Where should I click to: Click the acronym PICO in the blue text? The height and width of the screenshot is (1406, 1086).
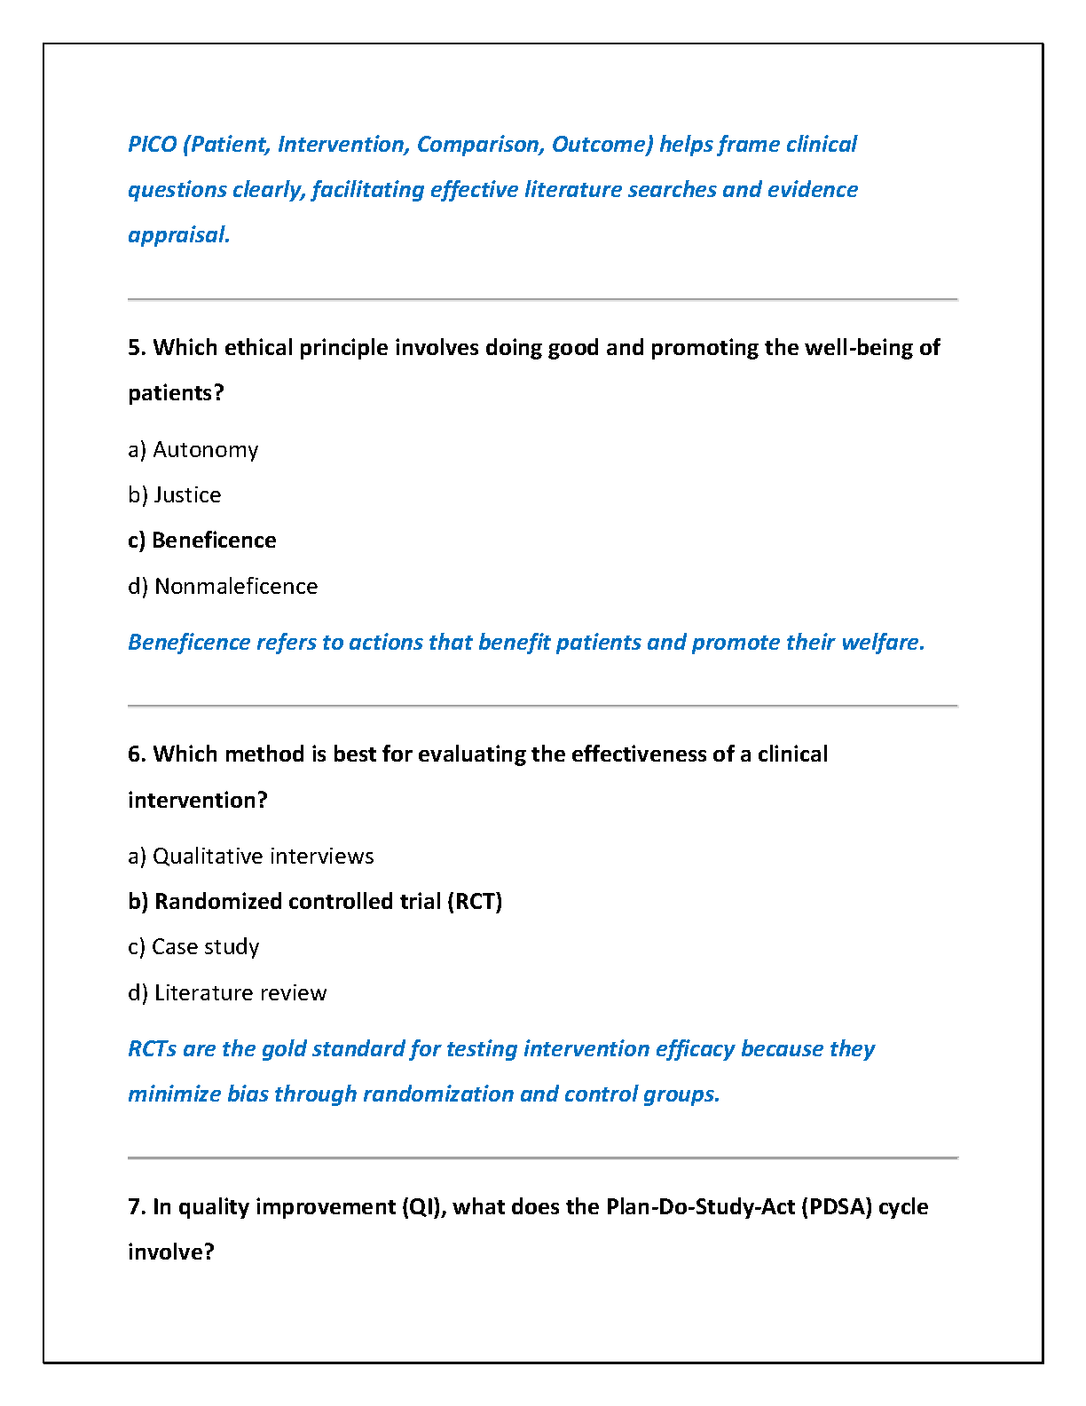(x=152, y=145)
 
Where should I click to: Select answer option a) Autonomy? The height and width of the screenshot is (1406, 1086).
(x=193, y=450)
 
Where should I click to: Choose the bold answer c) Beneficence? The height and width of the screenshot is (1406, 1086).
(x=201, y=541)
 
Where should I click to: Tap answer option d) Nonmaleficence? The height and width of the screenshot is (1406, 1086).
(x=223, y=587)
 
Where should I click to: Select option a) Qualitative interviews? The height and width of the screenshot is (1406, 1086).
(x=250, y=857)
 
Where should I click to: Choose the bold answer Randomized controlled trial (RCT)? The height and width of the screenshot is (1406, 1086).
(x=315, y=902)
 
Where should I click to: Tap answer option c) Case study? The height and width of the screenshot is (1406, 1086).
(x=193, y=947)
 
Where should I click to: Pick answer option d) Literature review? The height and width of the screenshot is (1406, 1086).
(x=227, y=993)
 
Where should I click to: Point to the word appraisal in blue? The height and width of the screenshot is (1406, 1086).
(x=178, y=235)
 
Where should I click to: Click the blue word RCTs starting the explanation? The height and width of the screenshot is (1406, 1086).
(x=152, y=1049)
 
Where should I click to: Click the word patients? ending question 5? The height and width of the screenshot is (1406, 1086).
(x=176, y=393)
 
